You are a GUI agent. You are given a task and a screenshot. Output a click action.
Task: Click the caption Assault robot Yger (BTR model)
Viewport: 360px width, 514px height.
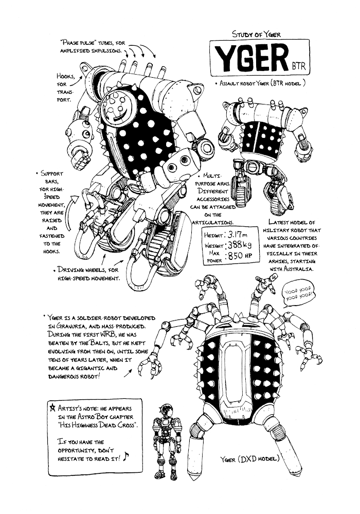(263, 83)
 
